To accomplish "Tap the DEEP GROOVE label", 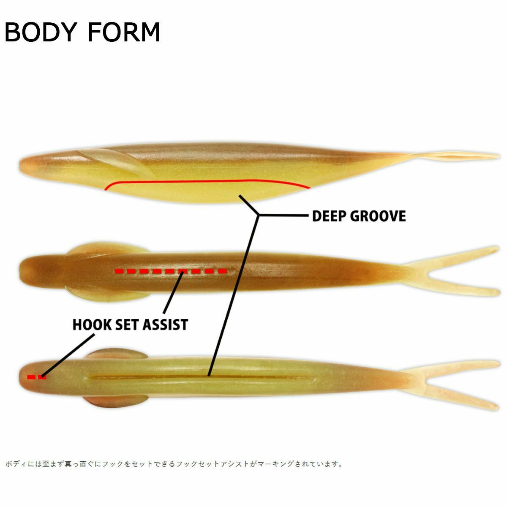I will pyautogui.click(x=359, y=216).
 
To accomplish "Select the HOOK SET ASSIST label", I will pyautogui.click(x=130, y=324).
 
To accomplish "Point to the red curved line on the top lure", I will pyautogui.click(x=207, y=181).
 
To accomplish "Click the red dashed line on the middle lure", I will pyautogui.click(x=171, y=271).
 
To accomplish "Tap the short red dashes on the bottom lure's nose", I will pyautogui.click(x=36, y=377).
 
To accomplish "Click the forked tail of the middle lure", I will pyautogui.click(x=452, y=270).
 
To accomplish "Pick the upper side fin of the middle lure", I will pyautogui.click(x=89, y=249).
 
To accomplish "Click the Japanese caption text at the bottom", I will pyautogui.click(x=174, y=464).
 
